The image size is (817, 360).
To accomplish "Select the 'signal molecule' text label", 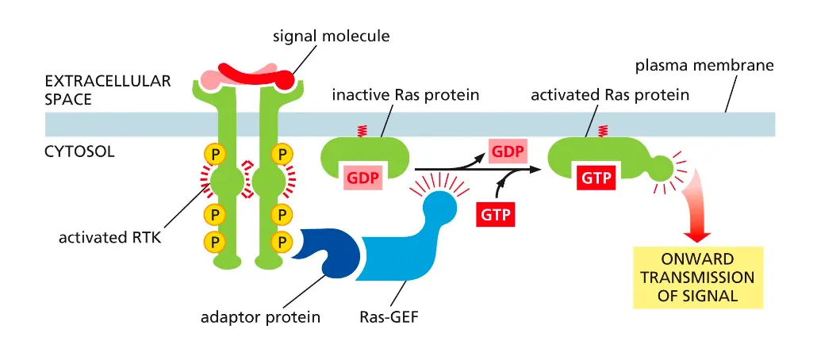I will [x=331, y=36].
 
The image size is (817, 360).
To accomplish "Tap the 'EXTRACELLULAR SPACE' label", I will [x=107, y=90].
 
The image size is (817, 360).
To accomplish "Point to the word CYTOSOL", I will [x=79, y=151].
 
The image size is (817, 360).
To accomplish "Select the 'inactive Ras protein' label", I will [x=405, y=95].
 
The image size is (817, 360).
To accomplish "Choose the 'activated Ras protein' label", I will [x=609, y=95].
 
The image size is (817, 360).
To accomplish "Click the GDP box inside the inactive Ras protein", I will [x=363, y=178].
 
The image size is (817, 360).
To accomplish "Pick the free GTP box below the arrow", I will [x=496, y=214].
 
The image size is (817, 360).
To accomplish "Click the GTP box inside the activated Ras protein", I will [x=595, y=178].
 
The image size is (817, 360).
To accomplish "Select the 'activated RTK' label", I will [x=109, y=237].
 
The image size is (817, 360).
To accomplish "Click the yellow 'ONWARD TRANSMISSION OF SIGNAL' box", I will [x=697, y=278].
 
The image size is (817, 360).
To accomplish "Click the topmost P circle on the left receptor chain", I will [x=212, y=152].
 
